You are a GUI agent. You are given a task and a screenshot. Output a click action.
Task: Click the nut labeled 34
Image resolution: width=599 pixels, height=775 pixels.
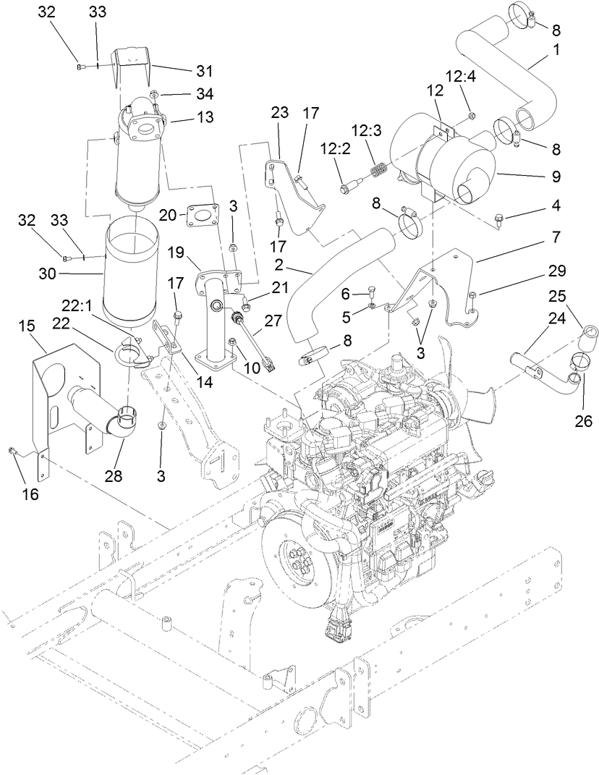(x=154, y=95)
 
